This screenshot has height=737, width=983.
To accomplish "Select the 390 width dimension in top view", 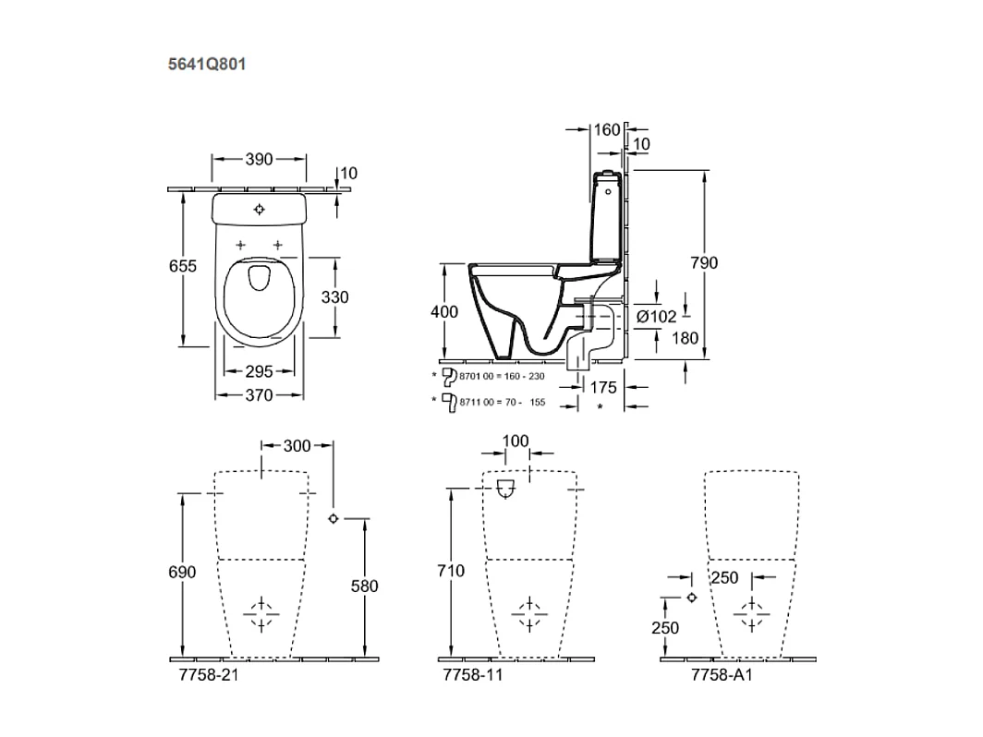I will (260, 159).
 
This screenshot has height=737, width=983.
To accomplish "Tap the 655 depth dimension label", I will (184, 266).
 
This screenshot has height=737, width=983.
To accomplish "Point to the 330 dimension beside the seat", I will (334, 297).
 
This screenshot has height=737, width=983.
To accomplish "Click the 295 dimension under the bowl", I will (259, 371).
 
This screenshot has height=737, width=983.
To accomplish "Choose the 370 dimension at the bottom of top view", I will (259, 395).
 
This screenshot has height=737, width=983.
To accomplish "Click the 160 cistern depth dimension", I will (606, 130).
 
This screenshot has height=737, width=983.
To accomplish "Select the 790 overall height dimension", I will (704, 263).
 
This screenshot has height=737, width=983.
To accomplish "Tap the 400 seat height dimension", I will (444, 312).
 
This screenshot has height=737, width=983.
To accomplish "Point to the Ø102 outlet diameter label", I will (657, 316).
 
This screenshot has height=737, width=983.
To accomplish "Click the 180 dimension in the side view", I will (685, 338).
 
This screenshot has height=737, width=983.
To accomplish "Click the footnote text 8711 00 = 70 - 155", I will (499, 402).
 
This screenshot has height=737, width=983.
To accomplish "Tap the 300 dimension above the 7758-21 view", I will (297, 446).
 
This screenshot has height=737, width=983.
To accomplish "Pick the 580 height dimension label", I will (365, 586).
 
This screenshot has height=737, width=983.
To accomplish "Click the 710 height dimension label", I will (450, 572).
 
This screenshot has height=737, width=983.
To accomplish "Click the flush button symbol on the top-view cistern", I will (260, 209).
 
